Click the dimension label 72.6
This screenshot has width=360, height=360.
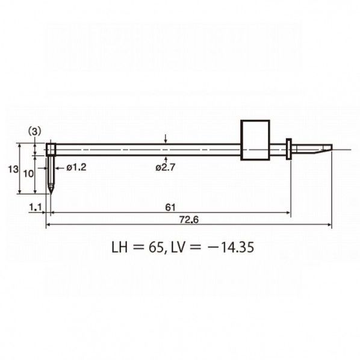pos(188,220)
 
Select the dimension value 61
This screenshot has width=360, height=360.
pos(170,208)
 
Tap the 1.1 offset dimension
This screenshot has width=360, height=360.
pos(35,207)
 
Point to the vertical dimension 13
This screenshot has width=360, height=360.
pos(13,169)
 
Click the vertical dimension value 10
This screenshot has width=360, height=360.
pos(28,174)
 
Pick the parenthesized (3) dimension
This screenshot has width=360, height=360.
pos(34,132)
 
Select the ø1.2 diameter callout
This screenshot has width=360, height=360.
pos(76,167)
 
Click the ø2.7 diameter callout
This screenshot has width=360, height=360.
pos(165,167)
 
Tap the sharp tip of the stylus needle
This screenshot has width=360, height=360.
pos(51,194)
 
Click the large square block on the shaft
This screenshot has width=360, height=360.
pos(255,140)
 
